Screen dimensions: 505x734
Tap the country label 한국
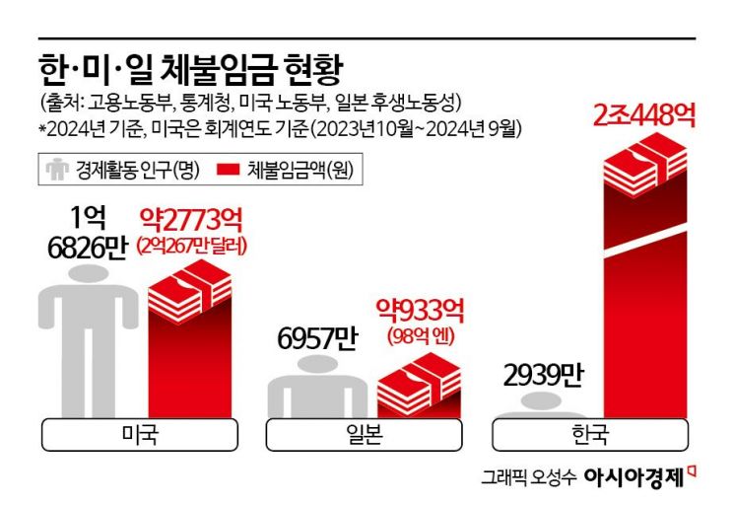pos(590,434)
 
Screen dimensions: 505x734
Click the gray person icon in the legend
pos(56,170)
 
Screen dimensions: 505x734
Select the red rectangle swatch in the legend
pos(226,170)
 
